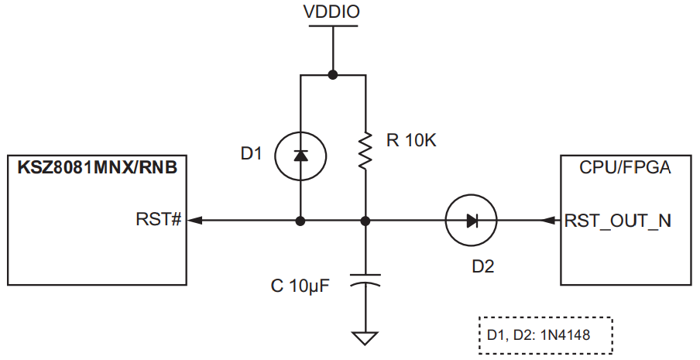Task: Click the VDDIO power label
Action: (x=332, y=13)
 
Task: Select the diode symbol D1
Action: (x=300, y=156)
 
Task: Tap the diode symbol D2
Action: (x=471, y=221)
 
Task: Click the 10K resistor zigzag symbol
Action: (x=365, y=152)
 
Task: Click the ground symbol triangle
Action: (x=365, y=338)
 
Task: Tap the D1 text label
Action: (x=252, y=154)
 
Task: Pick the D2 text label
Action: (x=482, y=266)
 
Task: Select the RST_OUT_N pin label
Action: (x=618, y=221)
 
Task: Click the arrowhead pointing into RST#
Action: (x=195, y=221)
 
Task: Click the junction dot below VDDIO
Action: (x=332, y=75)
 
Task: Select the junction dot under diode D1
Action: (x=300, y=221)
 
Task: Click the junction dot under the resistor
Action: (x=365, y=221)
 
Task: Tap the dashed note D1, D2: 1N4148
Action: (x=545, y=334)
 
